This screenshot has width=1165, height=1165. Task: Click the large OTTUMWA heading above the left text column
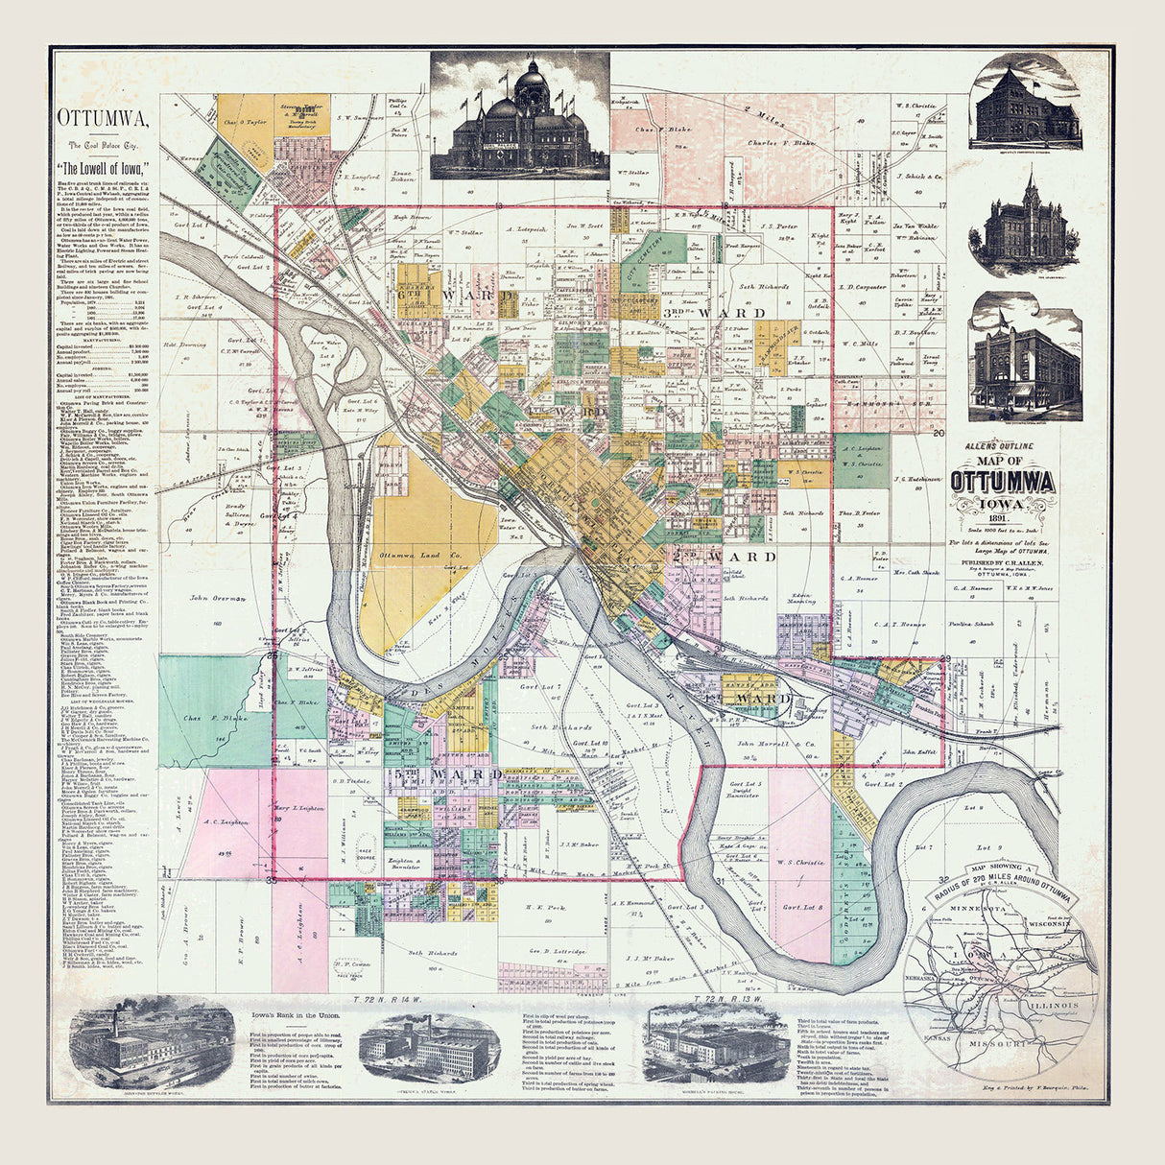click(x=103, y=121)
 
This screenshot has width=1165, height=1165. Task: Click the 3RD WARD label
click(x=714, y=314)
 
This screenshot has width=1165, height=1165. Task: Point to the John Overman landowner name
click(x=212, y=599)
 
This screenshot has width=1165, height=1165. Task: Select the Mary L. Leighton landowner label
click(x=299, y=809)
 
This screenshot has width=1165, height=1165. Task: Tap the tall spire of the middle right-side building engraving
click(x=1028, y=179)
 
